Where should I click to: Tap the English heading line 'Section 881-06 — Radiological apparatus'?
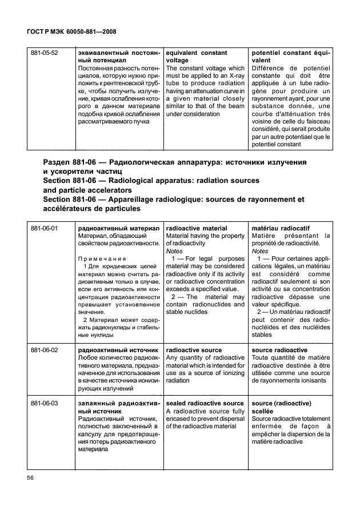150,180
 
